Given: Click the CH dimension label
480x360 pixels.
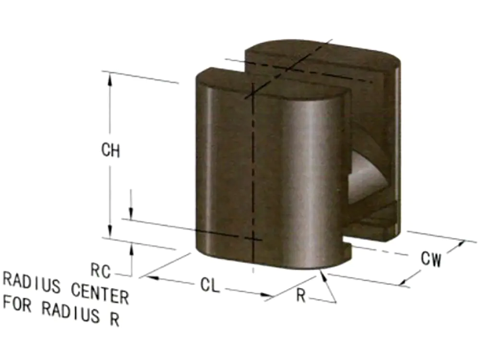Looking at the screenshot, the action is tap(110, 150).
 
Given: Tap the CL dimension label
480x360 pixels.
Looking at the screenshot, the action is tap(210, 285).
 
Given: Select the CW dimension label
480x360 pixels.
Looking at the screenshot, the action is tap(431, 259).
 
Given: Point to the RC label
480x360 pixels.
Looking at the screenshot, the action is tap(100, 271).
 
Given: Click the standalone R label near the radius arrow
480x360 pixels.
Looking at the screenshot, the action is tap(301, 296).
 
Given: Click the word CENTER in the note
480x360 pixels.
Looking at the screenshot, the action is tap(100, 293).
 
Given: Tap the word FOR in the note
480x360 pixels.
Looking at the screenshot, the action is tap(17, 304).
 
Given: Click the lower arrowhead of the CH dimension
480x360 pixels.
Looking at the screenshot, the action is tap(110, 231).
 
